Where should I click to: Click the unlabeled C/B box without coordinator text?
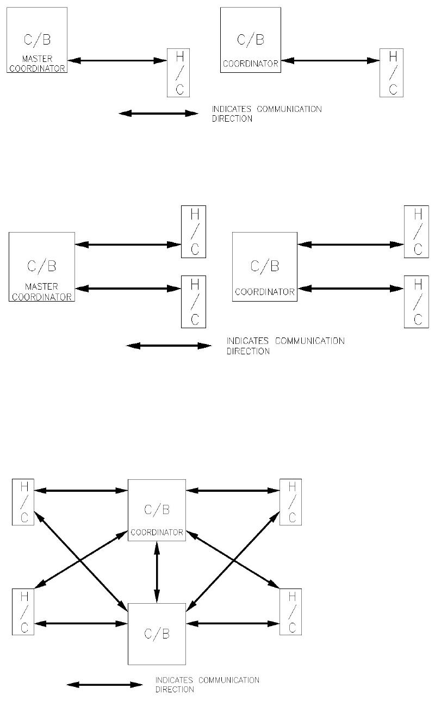coord(157,634)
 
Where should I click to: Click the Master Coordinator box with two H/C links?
coord(41,266)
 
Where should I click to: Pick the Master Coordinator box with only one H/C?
coord(36,40)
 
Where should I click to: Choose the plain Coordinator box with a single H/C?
coord(251,40)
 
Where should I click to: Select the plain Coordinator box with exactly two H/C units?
coord(265,266)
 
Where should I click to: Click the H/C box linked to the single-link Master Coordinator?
coord(178,72)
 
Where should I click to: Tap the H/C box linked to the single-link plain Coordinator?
coord(392,72)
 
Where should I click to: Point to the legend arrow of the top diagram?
coord(158,114)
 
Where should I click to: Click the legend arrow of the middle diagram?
coord(169,346)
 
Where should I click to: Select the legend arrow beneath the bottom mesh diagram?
coord(104,685)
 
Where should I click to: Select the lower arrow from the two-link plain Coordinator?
coord(351,289)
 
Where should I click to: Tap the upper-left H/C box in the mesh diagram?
coord(23,502)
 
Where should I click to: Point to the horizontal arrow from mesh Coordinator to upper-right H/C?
coord(233,491)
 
